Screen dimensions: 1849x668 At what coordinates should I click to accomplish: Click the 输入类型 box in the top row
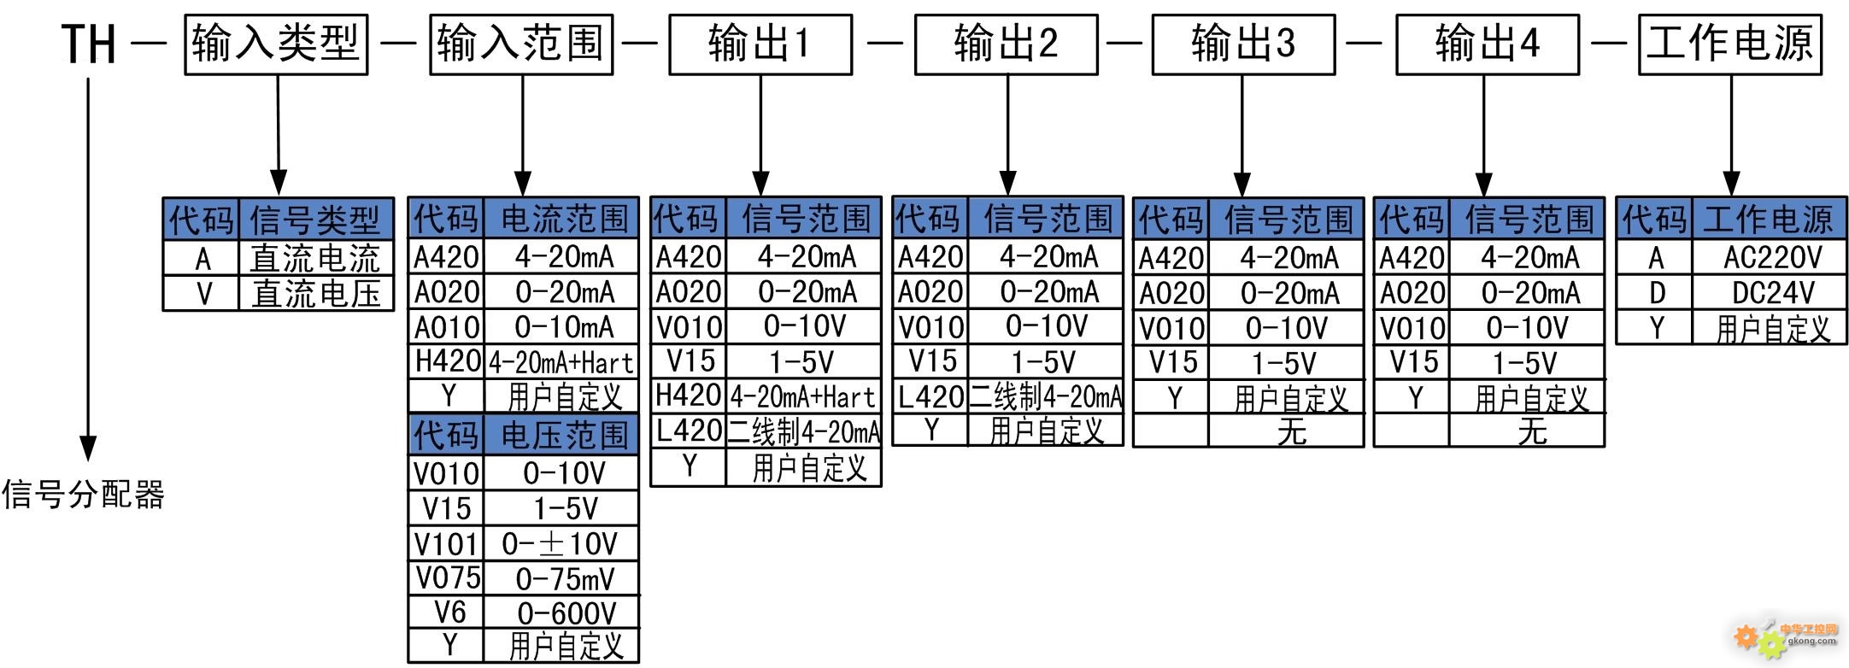coord(276,44)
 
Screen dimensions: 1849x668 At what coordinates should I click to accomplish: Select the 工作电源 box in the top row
coord(1730,44)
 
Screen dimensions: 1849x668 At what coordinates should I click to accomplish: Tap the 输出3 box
coord(1243,44)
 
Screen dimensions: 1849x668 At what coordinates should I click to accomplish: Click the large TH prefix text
coord(88,44)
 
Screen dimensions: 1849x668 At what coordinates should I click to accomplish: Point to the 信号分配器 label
coord(83,495)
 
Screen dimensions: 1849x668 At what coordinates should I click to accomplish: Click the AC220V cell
coord(1770,257)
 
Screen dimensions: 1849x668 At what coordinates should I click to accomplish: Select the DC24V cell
coord(1770,293)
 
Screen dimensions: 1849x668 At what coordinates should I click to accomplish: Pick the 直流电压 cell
coord(316,294)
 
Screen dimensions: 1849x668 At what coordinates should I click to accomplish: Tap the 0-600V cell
coord(561,612)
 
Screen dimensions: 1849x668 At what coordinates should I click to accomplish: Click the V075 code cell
coord(447,577)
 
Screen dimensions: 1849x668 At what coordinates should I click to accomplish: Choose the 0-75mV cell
coord(561,578)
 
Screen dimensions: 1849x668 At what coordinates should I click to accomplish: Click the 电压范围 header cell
coord(561,436)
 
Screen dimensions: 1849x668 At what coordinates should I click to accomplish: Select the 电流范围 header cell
coord(561,219)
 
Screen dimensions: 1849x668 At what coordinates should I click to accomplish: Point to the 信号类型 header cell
coord(316,220)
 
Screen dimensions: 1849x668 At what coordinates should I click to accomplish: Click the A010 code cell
coord(447,327)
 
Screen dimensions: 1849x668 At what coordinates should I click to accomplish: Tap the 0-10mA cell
coord(561,327)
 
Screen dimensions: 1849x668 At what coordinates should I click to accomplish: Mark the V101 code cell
coord(447,543)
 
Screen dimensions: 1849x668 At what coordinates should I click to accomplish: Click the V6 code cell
coord(447,612)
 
